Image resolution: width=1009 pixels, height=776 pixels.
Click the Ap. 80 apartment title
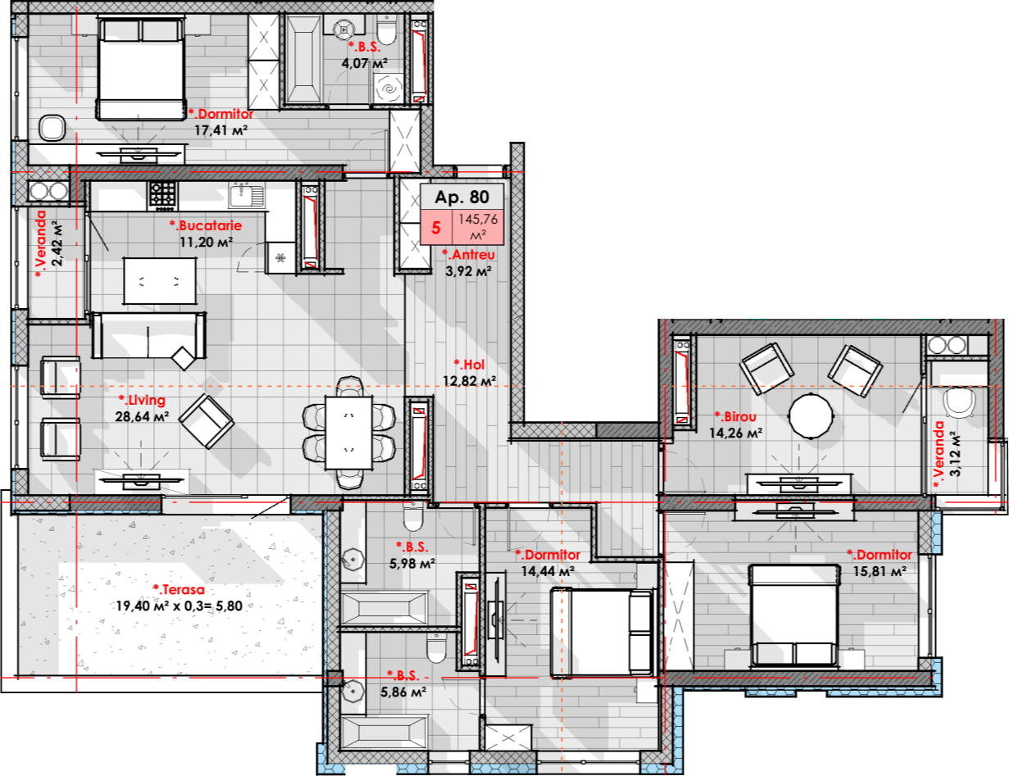(x=462, y=197)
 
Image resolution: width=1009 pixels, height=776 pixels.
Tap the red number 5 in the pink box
(x=435, y=228)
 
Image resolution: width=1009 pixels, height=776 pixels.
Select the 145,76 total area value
(x=478, y=219)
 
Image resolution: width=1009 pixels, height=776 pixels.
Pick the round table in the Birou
(x=811, y=415)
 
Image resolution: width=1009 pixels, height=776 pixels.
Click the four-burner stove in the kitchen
(x=162, y=194)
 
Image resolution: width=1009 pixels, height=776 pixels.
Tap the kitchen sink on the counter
(x=246, y=196)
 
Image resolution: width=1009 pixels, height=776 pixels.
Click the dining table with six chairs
(x=348, y=433)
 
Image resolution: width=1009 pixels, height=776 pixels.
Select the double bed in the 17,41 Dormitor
(x=141, y=68)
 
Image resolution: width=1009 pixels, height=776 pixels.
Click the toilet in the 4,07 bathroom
(x=386, y=30)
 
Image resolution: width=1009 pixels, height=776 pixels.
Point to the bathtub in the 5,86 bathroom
(x=384, y=733)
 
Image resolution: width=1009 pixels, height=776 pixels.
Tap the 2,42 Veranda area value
(x=57, y=243)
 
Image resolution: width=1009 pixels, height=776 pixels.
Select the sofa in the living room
(x=148, y=335)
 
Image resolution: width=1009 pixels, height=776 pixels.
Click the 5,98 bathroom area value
(x=412, y=564)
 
